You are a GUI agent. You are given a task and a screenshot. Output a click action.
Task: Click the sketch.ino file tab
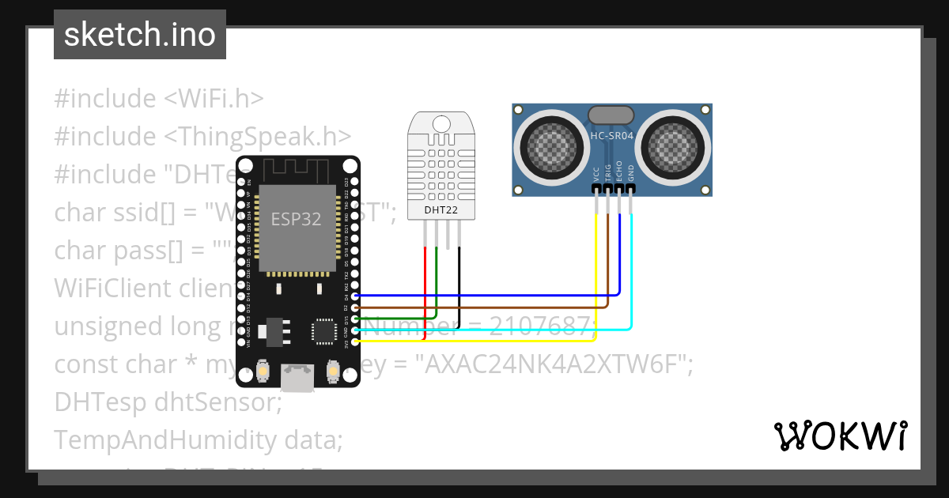139,35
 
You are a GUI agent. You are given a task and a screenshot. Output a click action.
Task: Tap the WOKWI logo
840,436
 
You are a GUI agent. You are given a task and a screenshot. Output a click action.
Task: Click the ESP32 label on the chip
296,219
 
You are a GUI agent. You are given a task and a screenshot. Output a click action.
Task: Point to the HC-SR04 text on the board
612,136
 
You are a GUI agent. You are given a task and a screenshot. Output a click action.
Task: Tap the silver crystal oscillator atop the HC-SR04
611,115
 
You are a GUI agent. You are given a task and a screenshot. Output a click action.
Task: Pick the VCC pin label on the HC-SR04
595,174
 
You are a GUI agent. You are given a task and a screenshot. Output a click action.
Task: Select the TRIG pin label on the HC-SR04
607,173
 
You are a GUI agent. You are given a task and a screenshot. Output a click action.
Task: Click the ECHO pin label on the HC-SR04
619,172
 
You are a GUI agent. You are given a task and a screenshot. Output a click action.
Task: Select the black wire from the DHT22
459,285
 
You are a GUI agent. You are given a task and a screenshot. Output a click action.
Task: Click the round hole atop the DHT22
442,123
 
